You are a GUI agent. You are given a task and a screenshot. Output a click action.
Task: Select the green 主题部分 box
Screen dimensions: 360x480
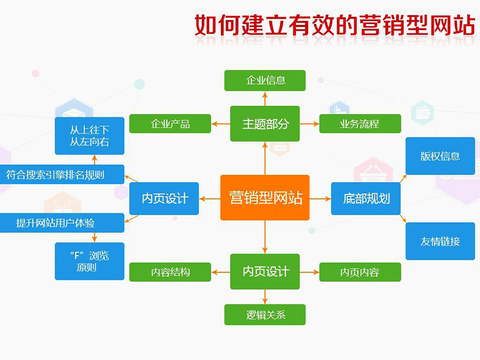265,124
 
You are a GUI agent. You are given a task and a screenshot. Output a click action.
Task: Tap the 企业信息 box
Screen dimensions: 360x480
265,80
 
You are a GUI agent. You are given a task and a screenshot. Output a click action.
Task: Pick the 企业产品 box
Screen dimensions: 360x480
170,124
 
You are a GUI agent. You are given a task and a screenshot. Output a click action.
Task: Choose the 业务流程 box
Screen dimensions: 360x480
359,124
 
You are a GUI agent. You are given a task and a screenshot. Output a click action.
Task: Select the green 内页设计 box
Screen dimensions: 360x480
265,271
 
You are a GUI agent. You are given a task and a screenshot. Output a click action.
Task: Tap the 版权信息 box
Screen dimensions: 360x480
440,157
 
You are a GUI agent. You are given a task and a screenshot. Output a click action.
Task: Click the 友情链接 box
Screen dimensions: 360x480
440,241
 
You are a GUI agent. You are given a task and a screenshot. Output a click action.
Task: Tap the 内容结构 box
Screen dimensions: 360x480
170,272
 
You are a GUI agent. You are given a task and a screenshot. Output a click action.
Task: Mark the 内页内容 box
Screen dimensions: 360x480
359,272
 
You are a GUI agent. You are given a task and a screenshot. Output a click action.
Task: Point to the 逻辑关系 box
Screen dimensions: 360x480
265,314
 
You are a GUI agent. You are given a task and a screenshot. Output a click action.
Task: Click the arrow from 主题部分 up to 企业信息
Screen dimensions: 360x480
265,98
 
